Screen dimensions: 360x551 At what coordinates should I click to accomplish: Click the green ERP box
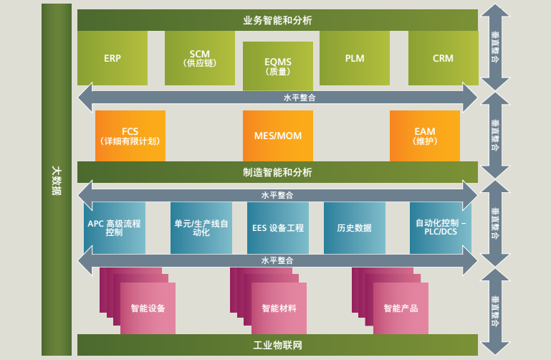point(112,58)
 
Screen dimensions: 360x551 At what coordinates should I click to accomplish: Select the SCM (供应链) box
point(200,58)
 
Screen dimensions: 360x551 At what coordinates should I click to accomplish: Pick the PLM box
point(355,58)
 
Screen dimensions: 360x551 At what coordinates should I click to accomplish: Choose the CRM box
point(443,58)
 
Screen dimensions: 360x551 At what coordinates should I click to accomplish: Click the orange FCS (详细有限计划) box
point(130,136)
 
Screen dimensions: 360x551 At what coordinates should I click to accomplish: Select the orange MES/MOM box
point(278,136)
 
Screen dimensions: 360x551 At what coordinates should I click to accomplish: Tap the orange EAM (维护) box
point(424,136)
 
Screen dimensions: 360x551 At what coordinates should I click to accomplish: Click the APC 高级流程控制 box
point(114,227)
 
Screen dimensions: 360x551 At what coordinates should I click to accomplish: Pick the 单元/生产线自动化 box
point(201,227)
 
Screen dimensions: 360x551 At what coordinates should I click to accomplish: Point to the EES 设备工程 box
point(278,227)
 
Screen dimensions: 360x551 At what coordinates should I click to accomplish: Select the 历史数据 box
point(354,227)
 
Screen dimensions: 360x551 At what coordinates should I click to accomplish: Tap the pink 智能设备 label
point(148,308)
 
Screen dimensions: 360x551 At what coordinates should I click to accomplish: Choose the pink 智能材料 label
point(279,308)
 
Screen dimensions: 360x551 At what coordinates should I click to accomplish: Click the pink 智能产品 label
point(401,308)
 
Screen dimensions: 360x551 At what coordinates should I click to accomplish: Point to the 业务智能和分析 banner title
point(277,20)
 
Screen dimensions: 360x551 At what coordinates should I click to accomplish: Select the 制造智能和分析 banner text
point(277,172)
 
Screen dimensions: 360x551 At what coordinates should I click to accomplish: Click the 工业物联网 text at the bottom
point(277,346)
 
